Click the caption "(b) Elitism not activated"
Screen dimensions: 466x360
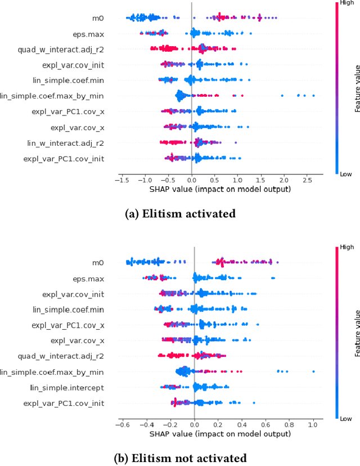click(180, 457)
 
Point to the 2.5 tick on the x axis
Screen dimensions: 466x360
click(307, 180)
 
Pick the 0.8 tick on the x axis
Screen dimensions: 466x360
click(289, 425)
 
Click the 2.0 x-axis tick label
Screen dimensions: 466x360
click(283, 180)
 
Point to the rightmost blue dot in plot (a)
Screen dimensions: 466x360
click(313, 96)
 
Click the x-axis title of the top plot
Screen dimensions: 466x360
click(219, 190)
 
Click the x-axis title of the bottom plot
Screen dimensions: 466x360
click(219, 434)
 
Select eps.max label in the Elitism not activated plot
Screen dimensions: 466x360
click(88, 278)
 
